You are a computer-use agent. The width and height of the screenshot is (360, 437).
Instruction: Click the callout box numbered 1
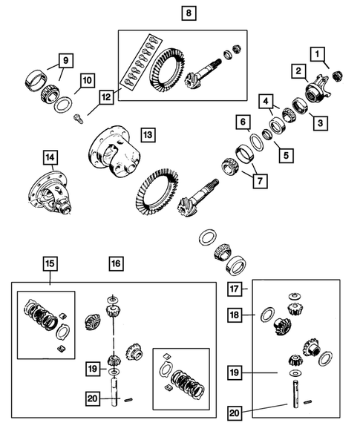(x=317, y=53)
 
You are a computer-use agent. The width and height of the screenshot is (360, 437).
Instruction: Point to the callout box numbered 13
(x=148, y=134)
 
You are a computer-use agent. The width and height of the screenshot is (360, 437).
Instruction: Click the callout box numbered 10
(x=87, y=80)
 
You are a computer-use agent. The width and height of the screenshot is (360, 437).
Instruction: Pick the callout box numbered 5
(x=282, y=156)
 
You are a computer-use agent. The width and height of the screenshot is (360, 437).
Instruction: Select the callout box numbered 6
(x=242, y=121)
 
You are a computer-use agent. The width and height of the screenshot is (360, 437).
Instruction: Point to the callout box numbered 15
(x=50, y=263)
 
